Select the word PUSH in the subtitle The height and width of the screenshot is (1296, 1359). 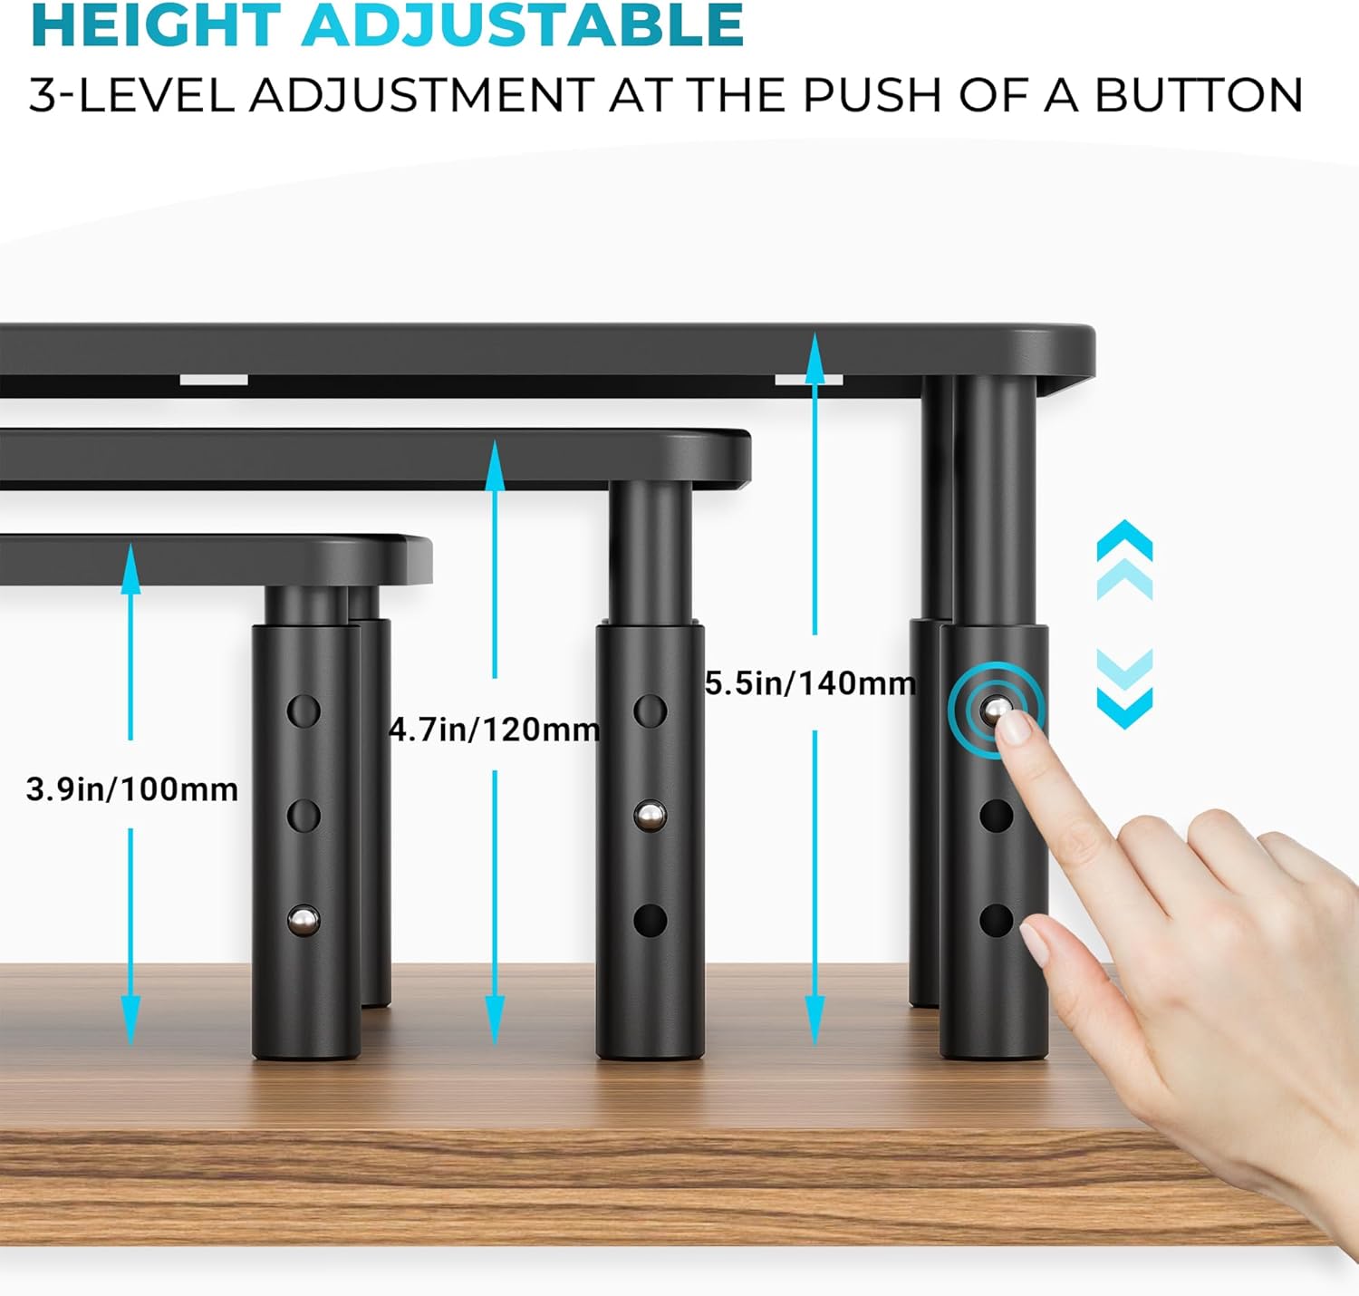(x=871, y=95)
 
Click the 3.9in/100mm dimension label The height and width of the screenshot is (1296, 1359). (x=132, y=789)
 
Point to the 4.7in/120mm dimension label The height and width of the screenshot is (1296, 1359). (x=495, y=730)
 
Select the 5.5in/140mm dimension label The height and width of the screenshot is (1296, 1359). (x=810, y=683)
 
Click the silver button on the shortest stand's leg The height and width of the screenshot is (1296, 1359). (x=304, y=920)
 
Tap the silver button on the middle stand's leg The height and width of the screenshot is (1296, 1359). (x=650, y=816)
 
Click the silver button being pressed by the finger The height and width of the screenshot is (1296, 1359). (x=996, y=709)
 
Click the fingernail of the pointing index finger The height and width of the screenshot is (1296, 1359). (x=1015, y=728)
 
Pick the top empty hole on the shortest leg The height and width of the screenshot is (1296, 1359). (x=304, y=711)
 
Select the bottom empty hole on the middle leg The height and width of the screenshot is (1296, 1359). (x=651, y=921)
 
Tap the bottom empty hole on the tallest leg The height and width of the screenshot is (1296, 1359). (x=996, y=921)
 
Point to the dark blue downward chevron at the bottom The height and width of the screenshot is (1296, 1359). (x=1124, y=708)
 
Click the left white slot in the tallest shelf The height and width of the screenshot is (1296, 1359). (x=214, y=380)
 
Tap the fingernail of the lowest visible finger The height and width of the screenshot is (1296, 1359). (x=1034, y=944)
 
